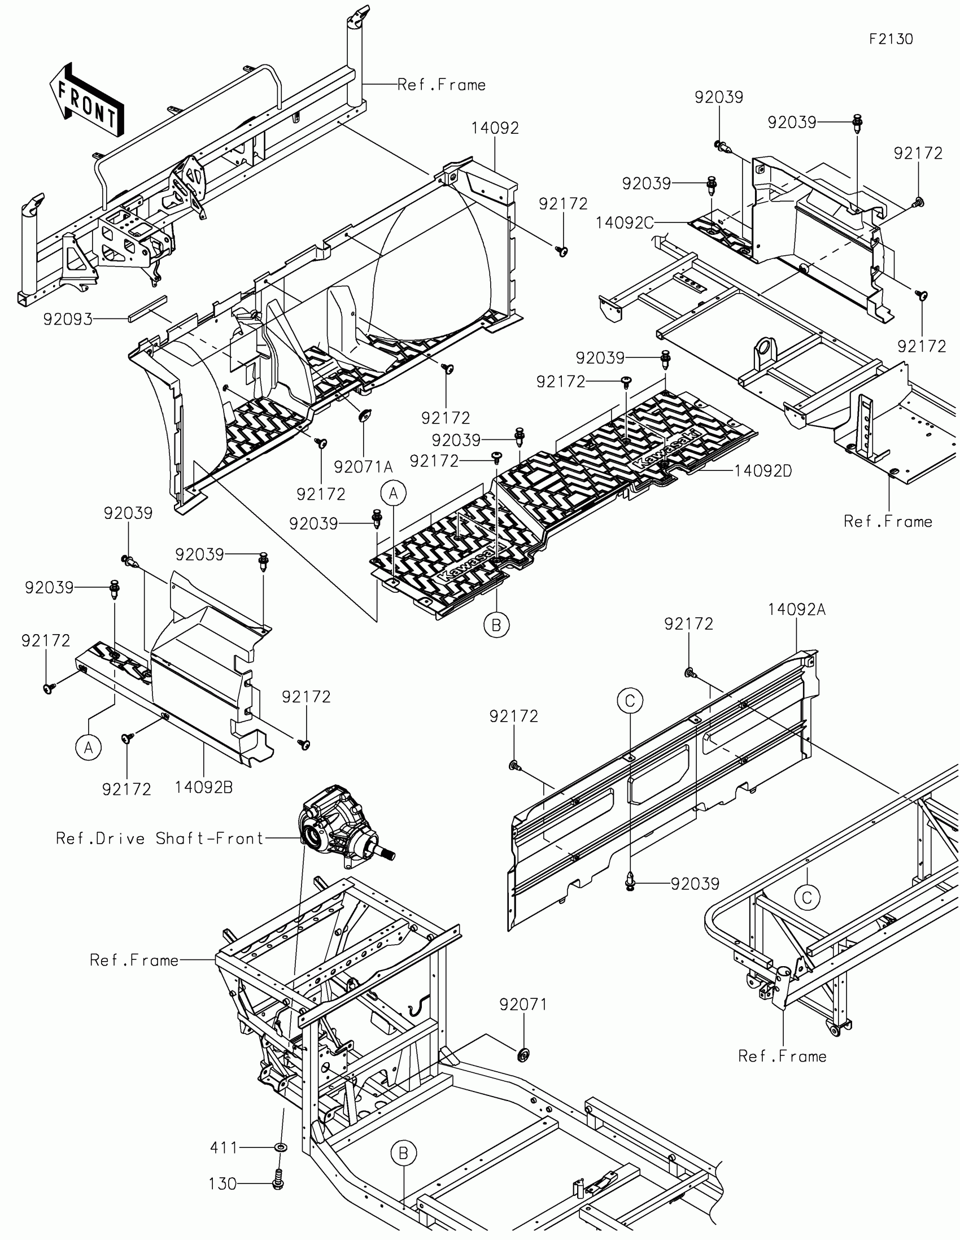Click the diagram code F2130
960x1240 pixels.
(891, 38)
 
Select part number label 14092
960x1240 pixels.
(495, 128)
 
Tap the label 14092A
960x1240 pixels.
(796, 610)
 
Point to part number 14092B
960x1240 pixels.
(203, 788)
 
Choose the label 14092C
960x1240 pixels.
(625, 223)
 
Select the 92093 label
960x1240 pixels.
(68, 320)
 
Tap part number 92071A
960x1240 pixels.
(363, 467)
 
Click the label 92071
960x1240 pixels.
(523, 1005)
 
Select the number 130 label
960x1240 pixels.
(222, 1184)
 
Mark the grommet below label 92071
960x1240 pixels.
(523, 1055)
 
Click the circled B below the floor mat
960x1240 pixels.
(496, 625)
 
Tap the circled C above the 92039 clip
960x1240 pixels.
(630, 701)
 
